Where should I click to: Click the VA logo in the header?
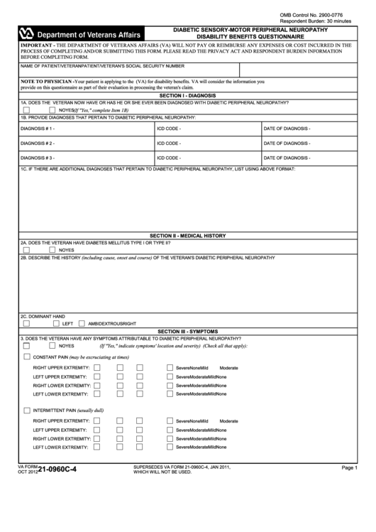[27, 33]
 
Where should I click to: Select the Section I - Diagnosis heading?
[187, 95]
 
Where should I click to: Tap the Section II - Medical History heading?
[187, 235]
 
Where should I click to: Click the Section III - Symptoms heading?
[187, 331]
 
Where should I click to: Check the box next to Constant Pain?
[27, 357]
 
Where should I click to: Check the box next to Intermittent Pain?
[27, 410]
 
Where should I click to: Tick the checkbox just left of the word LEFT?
[55, 323]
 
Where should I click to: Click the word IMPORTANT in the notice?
[23, 44]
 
